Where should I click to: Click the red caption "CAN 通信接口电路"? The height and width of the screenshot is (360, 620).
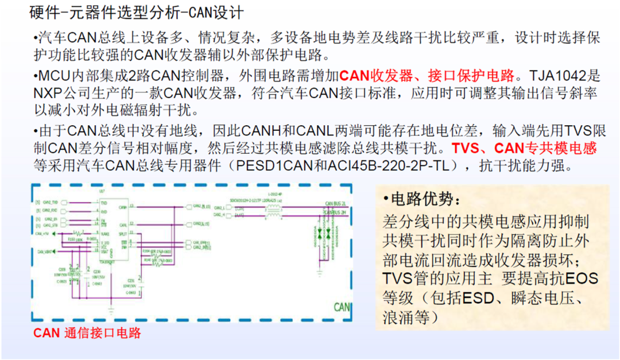click(87, 333)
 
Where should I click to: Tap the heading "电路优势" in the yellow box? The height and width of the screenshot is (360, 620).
click(424, 199)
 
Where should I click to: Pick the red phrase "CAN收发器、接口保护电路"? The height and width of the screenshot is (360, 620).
click(427, 75)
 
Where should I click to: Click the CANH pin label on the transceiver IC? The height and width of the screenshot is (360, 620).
click(123, 206)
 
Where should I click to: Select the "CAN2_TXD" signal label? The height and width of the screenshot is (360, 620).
click(49, 203)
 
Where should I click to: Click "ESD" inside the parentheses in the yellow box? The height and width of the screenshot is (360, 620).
click(477, 299)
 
